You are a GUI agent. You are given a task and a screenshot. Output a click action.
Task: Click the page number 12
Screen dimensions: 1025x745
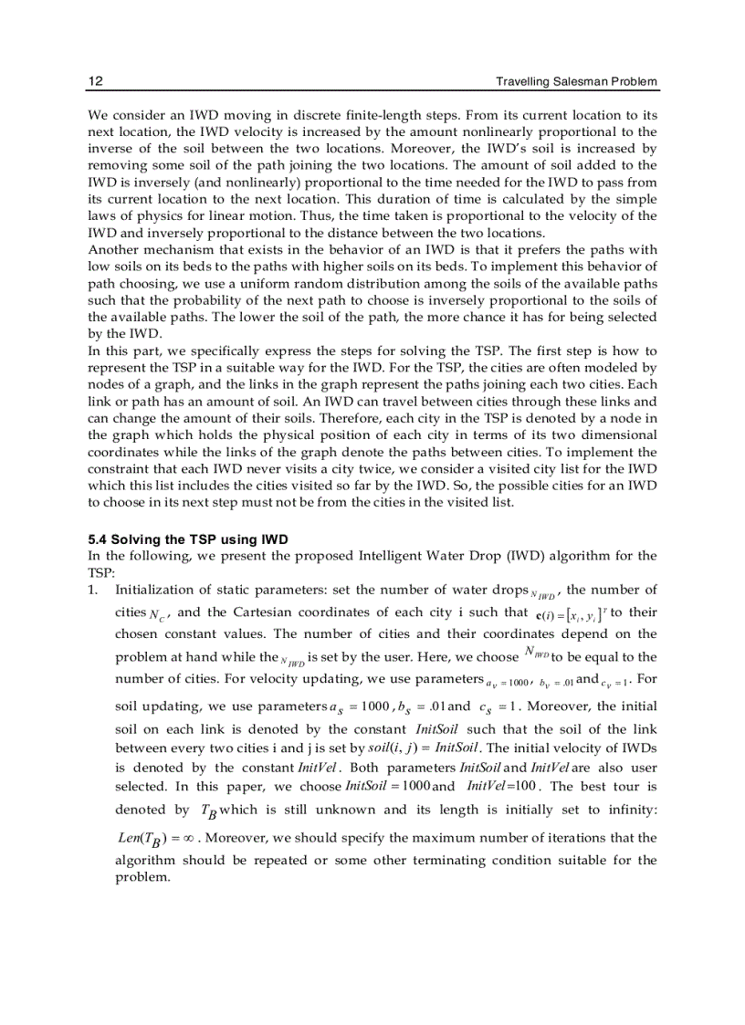[95, 81]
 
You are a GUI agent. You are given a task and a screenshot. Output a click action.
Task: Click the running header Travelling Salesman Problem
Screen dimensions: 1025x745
[576, 81]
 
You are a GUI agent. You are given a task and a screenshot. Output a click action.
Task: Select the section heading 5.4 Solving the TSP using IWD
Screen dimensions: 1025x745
[187, 539]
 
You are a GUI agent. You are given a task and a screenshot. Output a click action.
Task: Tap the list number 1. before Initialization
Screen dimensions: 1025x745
[93, 590]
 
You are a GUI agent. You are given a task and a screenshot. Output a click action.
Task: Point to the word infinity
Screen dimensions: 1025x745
[626, 810]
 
